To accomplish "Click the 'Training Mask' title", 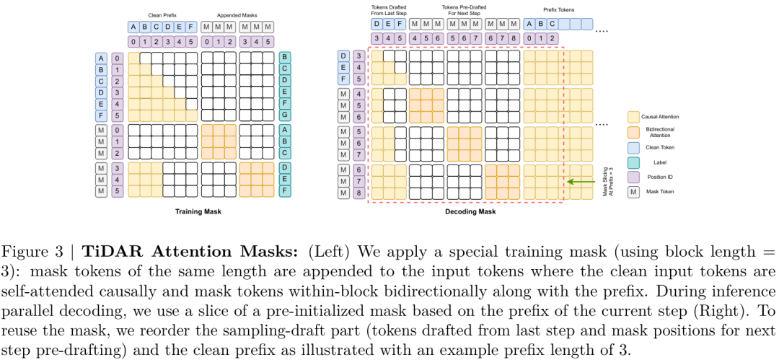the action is point(198,212).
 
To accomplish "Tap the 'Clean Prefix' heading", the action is point(163,15).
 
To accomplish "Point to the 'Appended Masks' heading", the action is point(238,15).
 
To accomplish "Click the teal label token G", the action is point(285,115).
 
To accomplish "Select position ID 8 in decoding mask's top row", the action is point(514,38).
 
